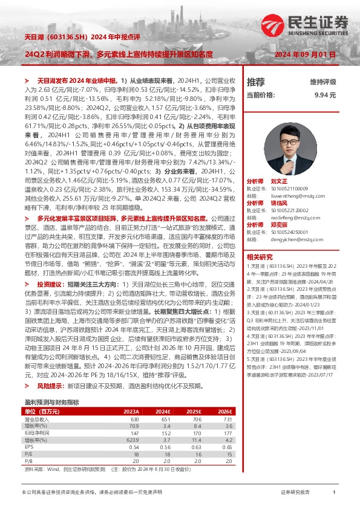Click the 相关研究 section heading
point(260,258)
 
